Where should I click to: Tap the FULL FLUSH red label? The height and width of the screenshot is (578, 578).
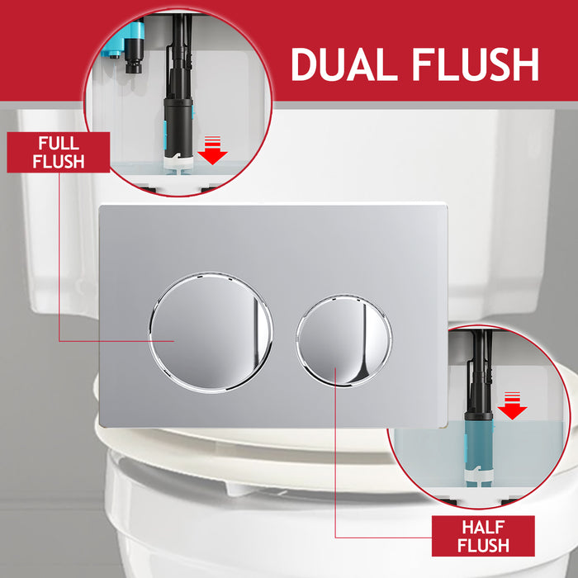click(x=59, y=152)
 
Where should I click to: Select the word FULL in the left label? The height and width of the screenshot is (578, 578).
click(x=59, y=143)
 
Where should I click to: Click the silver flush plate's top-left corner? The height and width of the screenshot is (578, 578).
click(x=101, y=206)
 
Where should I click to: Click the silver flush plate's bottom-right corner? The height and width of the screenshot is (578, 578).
click(x=447, y=426)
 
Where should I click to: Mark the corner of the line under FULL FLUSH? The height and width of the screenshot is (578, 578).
click(x=59, y=340)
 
